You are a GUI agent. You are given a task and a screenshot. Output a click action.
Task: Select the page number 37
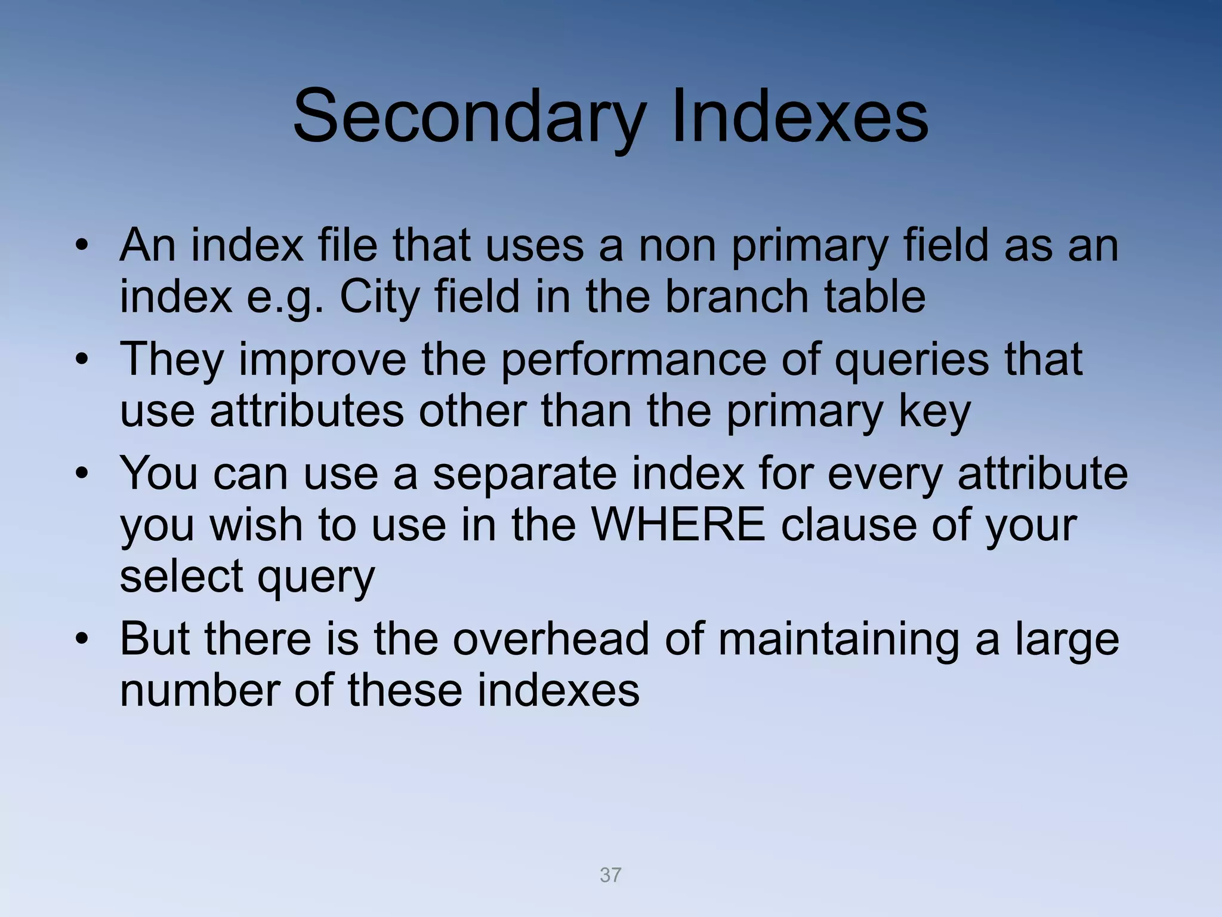(610, 875)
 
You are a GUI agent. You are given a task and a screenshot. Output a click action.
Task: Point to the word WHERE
(678, 525)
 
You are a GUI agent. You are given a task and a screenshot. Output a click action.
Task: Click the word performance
(632, 359)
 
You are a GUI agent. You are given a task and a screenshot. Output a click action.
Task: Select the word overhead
(550, 639)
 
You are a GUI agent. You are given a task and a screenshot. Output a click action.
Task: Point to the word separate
(524, 473)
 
